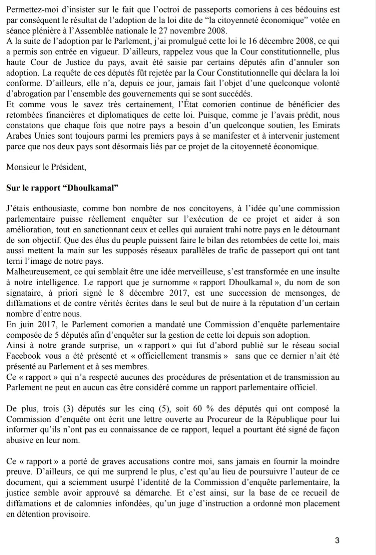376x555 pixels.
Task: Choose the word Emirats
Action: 325,125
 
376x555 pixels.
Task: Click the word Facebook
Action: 24,356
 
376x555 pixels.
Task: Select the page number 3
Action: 337,540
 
